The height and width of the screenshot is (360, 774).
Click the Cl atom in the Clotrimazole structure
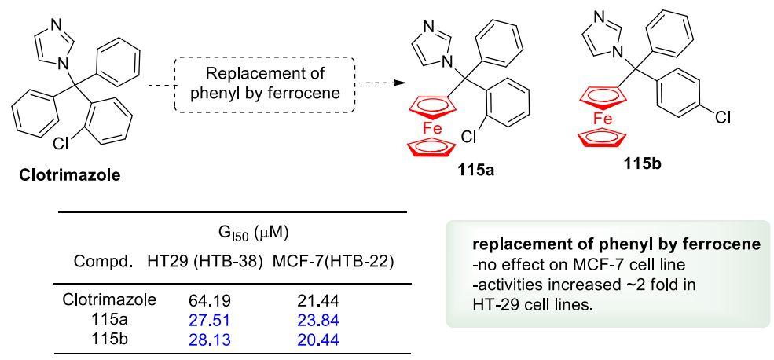[x=62, y=144]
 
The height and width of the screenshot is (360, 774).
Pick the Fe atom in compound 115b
[x=603, y=119]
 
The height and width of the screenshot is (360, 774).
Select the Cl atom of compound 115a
[x=469, y=136]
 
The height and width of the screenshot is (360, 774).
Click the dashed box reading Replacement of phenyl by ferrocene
[x=278, y=83]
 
